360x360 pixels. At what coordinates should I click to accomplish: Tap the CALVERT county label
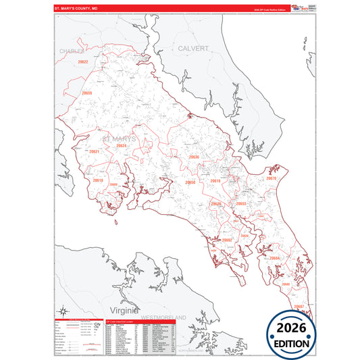point(193,49)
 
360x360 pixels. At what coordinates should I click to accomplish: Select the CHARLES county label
point(71,51)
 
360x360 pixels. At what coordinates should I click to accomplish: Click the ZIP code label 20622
point(83,62)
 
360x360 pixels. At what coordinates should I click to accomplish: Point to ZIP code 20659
point(86,93)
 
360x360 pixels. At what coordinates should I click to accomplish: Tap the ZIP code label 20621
point(94,151)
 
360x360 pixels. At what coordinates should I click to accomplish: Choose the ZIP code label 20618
point(98,180)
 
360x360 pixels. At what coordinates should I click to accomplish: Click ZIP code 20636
point(195,157)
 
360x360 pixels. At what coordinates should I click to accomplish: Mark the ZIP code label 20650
point(190,182)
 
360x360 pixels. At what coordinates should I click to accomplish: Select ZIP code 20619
point(215,181)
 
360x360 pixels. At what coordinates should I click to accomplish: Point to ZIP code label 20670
point(272,178)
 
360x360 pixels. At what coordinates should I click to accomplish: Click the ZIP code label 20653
point(240,203)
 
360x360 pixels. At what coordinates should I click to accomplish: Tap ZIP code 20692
point(227,240)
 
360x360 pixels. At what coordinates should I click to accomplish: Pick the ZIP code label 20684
point(274,257)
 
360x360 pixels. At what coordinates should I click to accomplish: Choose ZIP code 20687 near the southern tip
point(299,306)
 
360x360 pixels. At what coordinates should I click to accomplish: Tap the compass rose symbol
point(63,311)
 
